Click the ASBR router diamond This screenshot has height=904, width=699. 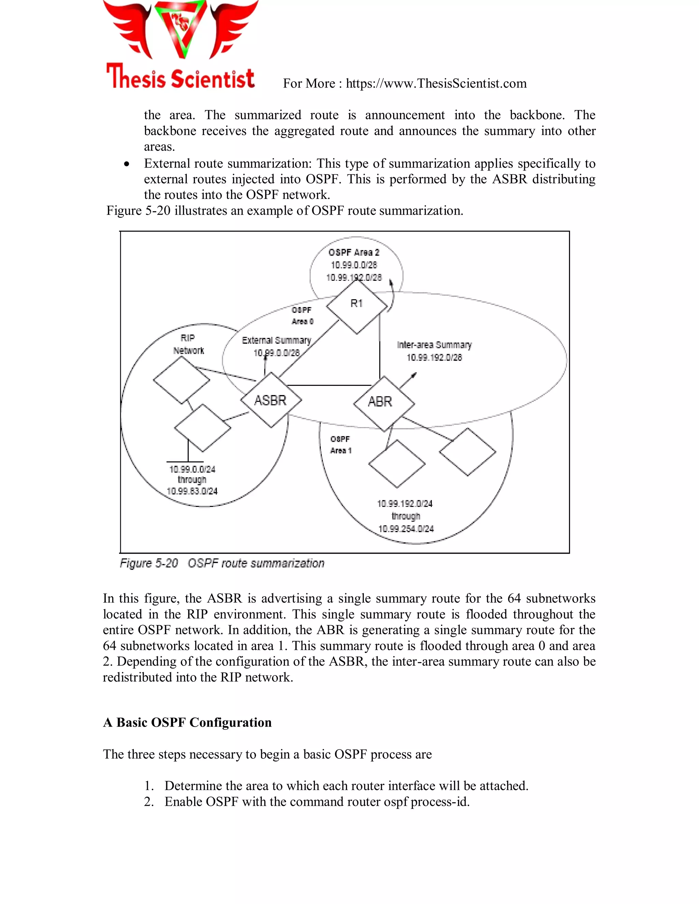click(x=271, y=400)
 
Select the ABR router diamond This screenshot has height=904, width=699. click(x=383, y=403)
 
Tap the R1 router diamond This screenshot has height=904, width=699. click(x=357, y=305)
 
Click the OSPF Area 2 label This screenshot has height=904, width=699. click(x=354, y=252)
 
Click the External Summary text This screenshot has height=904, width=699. click(x=276, y=340)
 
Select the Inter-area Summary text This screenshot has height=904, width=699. click(x=434, y=345)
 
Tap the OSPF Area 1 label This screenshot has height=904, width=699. click(x=340, y=444)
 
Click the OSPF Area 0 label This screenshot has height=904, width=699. click(x=302, y=316)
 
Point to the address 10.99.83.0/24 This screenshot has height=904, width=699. click(x=192, y=491)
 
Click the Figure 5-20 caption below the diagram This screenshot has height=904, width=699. click(x=222, y=563)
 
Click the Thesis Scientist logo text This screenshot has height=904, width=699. click(x=181, y=77)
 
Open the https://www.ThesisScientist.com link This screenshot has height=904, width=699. click(x=436, y=84)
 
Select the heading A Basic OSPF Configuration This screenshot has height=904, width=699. click(x=187, y=722)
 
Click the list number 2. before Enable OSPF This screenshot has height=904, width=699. click(x=149, y=802)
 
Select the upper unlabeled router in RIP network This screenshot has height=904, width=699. click(x=181, y=380)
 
